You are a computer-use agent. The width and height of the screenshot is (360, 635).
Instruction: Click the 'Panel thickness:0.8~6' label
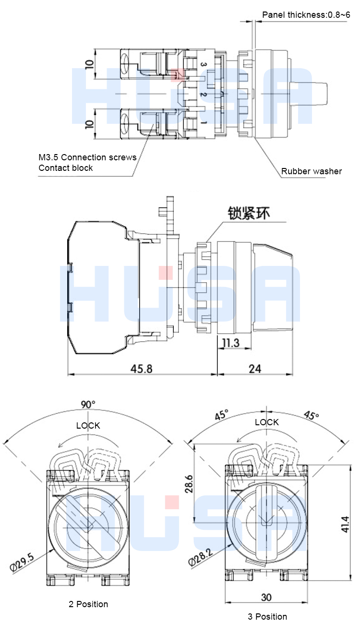[x=306, y=15]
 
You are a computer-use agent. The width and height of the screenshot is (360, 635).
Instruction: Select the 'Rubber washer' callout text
[x=312, y=171]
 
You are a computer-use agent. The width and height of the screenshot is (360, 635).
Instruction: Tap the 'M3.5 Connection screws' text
[x=87, y=157]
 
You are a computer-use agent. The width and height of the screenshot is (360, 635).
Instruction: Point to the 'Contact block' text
[x=66, y=168]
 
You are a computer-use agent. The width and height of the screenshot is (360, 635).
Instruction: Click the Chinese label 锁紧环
[x=249, y=212]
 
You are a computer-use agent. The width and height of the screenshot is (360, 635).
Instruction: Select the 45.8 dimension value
[x=142, y=369]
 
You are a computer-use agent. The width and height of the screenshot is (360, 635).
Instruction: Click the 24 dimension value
[x=255, y=369]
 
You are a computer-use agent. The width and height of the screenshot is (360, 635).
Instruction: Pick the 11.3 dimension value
[x=231, y=343]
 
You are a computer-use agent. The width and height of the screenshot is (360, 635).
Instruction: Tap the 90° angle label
[x=88, y=405]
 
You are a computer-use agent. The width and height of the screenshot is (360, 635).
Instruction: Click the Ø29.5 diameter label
[x=22, y=562]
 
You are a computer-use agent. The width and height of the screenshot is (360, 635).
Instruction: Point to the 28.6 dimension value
[x=189, y=484]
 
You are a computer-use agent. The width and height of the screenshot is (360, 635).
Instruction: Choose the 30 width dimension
[x=266, y=597]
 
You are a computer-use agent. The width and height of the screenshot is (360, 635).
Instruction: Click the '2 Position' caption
[x=88, y=604]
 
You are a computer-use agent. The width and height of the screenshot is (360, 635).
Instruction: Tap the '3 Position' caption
[x=267, y=616]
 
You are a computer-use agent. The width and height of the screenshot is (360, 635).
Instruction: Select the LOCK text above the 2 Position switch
[x=88, y=426]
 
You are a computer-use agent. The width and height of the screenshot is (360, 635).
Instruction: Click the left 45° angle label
[x=222, y=415]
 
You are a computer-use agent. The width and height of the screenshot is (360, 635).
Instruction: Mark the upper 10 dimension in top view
[x=89, y=64]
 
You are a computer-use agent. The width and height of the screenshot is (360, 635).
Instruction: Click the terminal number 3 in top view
[x=203, y=64]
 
